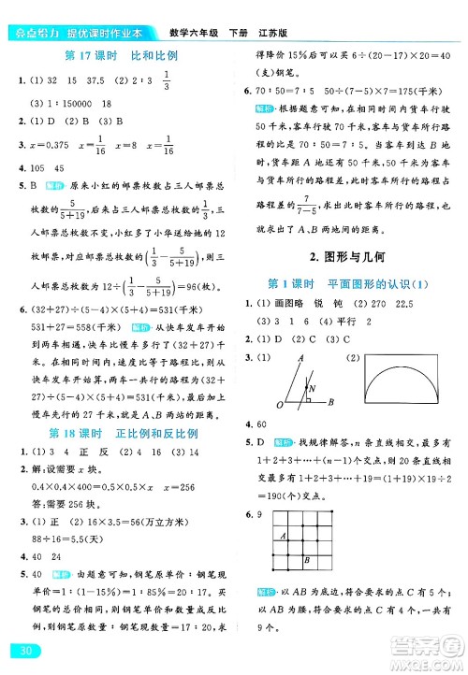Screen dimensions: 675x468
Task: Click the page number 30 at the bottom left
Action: coord(19,651)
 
